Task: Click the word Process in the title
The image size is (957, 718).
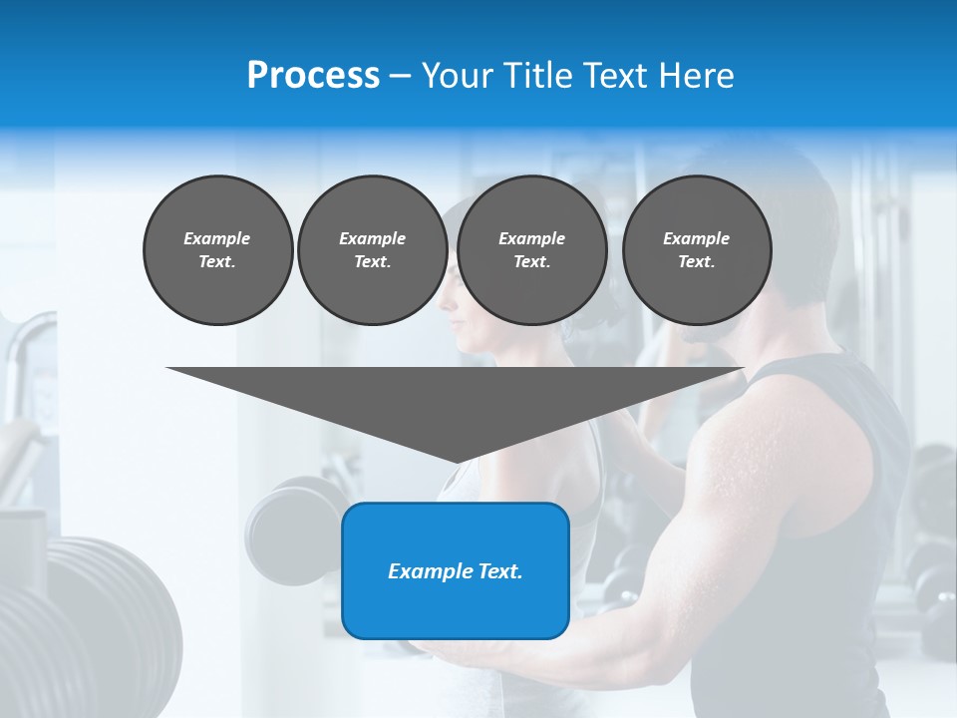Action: (x=313, y=76)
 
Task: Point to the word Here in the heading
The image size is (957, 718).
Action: (x=696, y=76)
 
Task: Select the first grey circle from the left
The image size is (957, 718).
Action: (x=217, y=250)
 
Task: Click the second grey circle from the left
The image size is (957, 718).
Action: (x=372, y=250)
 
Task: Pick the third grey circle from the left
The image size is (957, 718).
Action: (x=531, y=250)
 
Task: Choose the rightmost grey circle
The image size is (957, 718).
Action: (x=696, y=250)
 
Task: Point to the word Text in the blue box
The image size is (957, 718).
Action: (x=500, y=571)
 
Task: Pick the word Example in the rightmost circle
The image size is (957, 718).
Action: (x=696, y=238)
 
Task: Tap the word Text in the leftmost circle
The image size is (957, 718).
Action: (x=217, y=262)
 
